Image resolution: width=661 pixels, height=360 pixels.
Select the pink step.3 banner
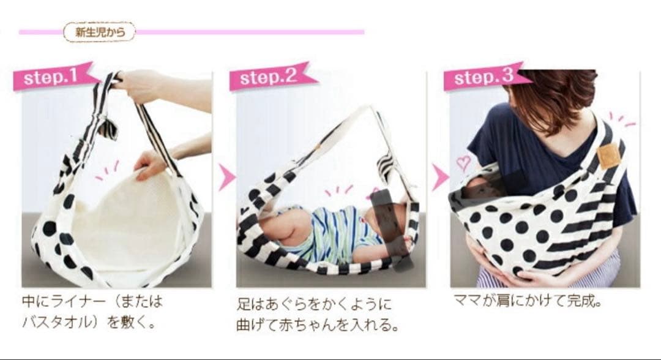(483, 77)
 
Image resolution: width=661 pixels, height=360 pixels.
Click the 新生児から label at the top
(100, 32)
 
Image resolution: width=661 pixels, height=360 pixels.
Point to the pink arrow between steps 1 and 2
(227, 178)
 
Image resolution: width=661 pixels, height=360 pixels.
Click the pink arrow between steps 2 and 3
(441, 178)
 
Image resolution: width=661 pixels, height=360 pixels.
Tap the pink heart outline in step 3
(464, 162)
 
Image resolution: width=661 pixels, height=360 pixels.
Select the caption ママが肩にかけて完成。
(528, 301)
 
